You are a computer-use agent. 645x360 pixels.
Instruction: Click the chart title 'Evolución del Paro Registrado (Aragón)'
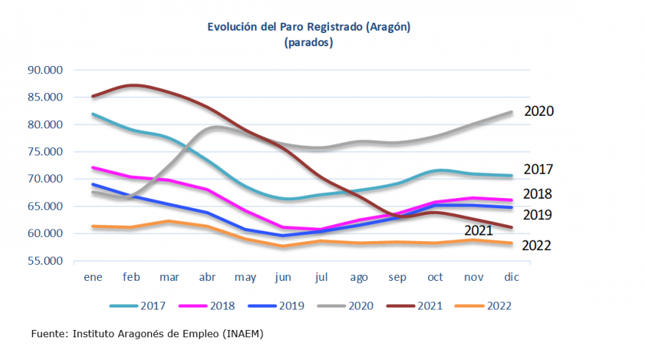pos(309,27)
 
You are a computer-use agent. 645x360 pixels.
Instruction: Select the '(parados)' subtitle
pos(309,43)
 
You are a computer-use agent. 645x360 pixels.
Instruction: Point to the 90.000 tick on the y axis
pos(45,70)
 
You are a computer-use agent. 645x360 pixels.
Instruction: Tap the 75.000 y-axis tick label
pos(45,152)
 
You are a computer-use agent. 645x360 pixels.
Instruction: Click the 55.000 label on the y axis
pos(45,261)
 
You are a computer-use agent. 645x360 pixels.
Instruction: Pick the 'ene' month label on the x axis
pos(92,277)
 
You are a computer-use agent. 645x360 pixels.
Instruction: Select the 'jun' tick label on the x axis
pos(282,277)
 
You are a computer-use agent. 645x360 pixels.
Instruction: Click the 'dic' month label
pos(511,277)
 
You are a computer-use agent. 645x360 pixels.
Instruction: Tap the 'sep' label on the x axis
pos(397,277)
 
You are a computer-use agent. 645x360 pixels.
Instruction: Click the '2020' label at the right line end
pos(539,111)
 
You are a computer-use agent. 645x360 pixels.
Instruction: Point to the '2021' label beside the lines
pos(479,231)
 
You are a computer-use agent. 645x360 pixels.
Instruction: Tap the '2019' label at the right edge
pos(537,215)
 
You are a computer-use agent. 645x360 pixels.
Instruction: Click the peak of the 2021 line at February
pos(132,86)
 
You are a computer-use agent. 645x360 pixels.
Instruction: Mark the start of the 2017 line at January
pos(93,114)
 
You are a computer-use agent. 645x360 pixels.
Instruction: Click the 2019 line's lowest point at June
pos(283,235)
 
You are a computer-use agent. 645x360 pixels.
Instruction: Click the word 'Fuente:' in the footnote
pos(49,334)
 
